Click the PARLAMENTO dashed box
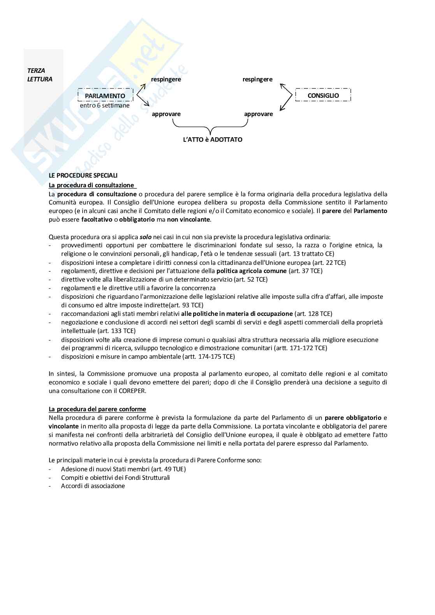(x=105, y=95)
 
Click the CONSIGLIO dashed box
(x=323, y=95)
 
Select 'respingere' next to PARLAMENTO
(x=166, y=79)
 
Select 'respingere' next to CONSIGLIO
(x=257, y=79)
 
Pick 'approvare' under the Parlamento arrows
(x=166, y=114)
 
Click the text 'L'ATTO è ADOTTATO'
(x=213, y=139)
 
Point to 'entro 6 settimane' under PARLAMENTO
(x=105, y=105)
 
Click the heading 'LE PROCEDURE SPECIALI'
(x=83, y=176)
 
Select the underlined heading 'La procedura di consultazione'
(x=91, y=185)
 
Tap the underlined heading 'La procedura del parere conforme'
(x=97, y=409)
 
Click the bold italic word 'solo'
(x=145, y=236)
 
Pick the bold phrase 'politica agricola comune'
(x=252, y=271)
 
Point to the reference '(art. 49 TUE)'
(x=168, y=469)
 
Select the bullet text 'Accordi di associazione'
(x=93, y=486)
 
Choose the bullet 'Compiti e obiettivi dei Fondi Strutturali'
(x=115, y=478)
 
